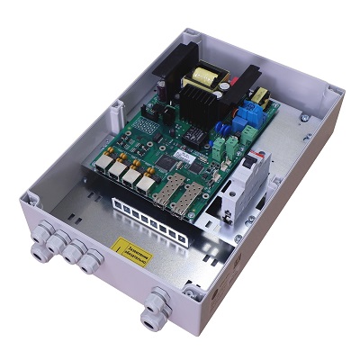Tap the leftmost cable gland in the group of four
[x=40, y=237]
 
